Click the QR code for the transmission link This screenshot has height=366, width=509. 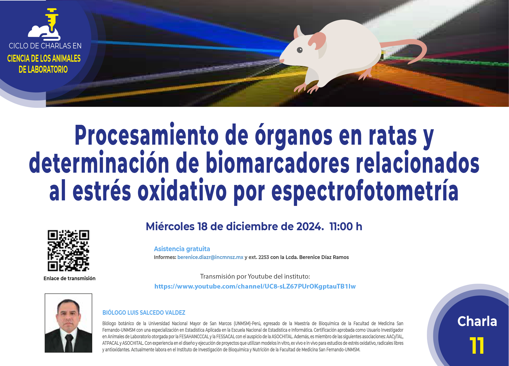click(68, 251)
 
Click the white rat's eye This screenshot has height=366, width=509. click(300, 50)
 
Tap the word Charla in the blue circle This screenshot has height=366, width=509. click(477, 321)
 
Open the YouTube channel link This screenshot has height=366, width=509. click(255, 286)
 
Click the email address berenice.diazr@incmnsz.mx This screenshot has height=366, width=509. click(210, 257)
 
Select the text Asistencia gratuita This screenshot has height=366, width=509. click(182, 249)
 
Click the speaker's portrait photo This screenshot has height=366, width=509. click(68, 323)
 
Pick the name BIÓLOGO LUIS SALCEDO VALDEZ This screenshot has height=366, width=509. click(144, 313)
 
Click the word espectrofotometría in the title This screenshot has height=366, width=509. click(365, 192)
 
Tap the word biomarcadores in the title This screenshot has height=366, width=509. click(278, 162)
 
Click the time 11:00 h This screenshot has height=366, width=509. click(346, 227)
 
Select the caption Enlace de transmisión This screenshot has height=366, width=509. click(69, 278)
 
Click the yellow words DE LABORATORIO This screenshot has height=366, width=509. click(43, 69)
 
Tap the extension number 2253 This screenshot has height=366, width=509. click(264, 257)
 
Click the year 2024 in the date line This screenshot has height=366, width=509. click(309, 227)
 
